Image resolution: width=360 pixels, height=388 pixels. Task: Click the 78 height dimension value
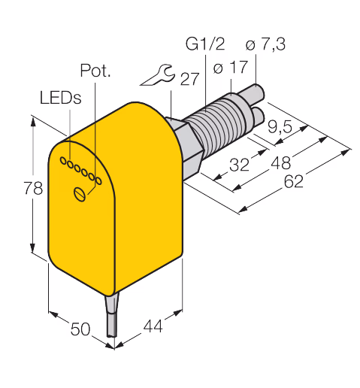33,188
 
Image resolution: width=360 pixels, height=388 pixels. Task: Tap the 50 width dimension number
80,329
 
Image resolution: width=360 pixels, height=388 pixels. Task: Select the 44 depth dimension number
153,326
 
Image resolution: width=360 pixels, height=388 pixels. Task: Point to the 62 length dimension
294,181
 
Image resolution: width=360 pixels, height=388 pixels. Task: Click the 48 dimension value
281,162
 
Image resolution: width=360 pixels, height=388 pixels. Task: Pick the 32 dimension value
240,165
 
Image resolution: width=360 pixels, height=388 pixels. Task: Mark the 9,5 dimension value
280,126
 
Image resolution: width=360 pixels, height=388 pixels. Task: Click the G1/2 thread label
205,44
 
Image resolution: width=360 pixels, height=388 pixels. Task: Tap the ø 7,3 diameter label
265,44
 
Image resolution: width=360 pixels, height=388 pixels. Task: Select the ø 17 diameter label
231,67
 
